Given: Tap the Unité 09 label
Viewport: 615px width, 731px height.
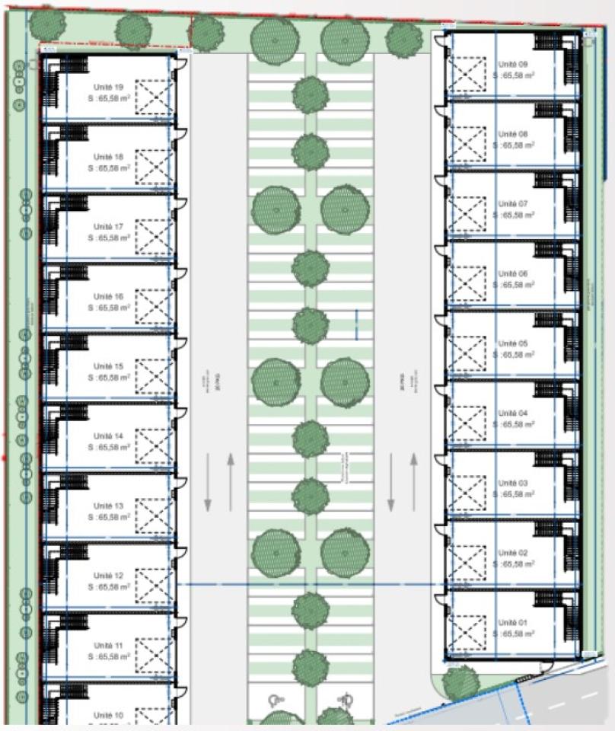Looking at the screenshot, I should point(512,65).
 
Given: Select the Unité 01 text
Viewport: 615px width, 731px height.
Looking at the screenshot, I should point(512,623).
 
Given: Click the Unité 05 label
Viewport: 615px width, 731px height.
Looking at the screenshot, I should point(512,343).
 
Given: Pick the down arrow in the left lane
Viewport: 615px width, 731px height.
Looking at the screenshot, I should point(208,483).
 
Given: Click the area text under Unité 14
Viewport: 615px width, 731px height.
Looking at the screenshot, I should point(108,448).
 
